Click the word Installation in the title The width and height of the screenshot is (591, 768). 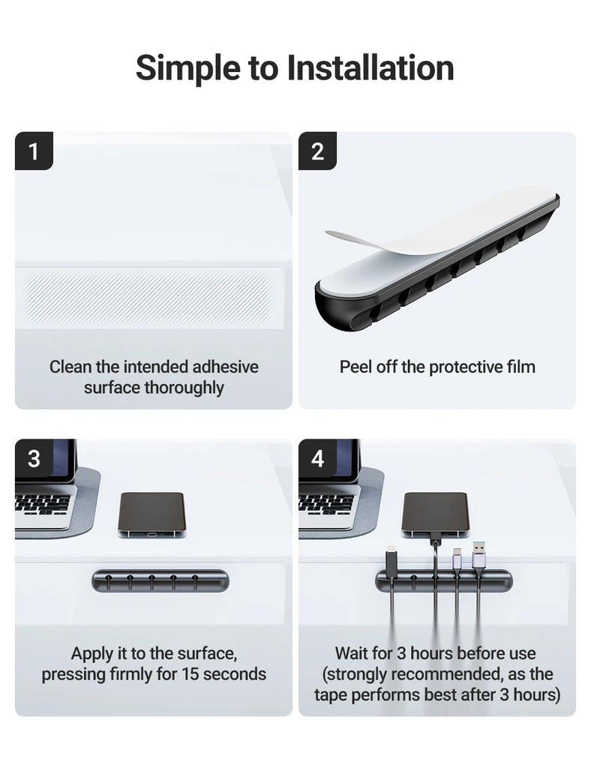click(x=370, y=68)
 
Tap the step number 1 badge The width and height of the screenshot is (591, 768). click(x=34, y=151)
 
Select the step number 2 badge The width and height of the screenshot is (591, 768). click(x=317, y=151)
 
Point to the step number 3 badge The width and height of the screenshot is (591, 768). click(x=34, y=458)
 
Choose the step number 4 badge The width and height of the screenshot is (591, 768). click(x=317, y=458)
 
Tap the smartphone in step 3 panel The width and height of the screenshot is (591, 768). click(x=151, y=514)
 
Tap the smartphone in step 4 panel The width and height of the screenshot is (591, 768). click(x=435, y=514)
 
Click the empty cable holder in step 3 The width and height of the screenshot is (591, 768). click(x=159, y=580)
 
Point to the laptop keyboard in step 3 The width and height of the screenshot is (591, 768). click(x=42, y=503)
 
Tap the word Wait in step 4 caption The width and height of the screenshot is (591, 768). click(x=352, y=653)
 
